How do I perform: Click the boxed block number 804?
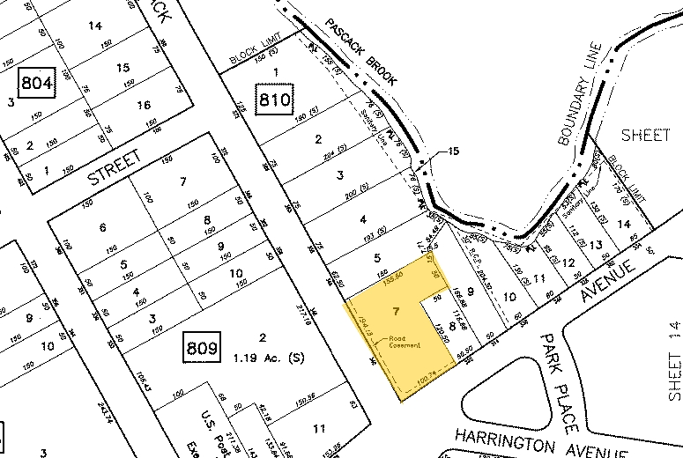click(37, 85)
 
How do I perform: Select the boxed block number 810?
click(274, 100)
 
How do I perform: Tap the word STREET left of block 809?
click(114, 168)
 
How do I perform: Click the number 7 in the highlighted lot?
click(397, 312)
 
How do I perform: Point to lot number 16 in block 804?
click(145, 105)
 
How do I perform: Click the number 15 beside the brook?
click(453, 151)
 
